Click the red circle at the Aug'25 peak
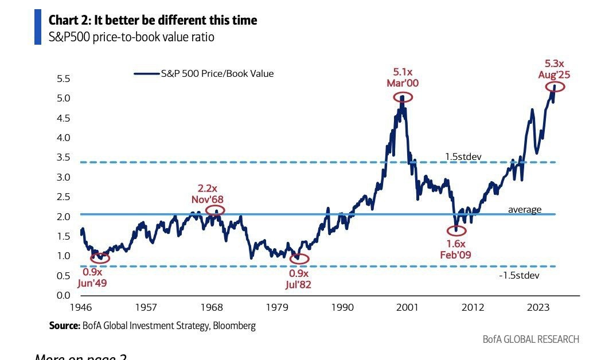coord(555,87)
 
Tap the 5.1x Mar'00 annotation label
coord(402,77)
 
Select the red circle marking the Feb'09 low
coord(456,230)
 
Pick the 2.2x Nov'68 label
coord(207,194)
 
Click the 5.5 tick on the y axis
coord(63,79)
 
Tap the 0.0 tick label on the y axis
coord(63,295)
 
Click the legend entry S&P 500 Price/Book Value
coord(204,73)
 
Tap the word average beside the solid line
coord(524,210)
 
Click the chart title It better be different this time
coord(153,20)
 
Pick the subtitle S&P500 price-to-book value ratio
coord(132,37)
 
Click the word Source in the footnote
coord(64,326)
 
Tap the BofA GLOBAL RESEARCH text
coord(530,339)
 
